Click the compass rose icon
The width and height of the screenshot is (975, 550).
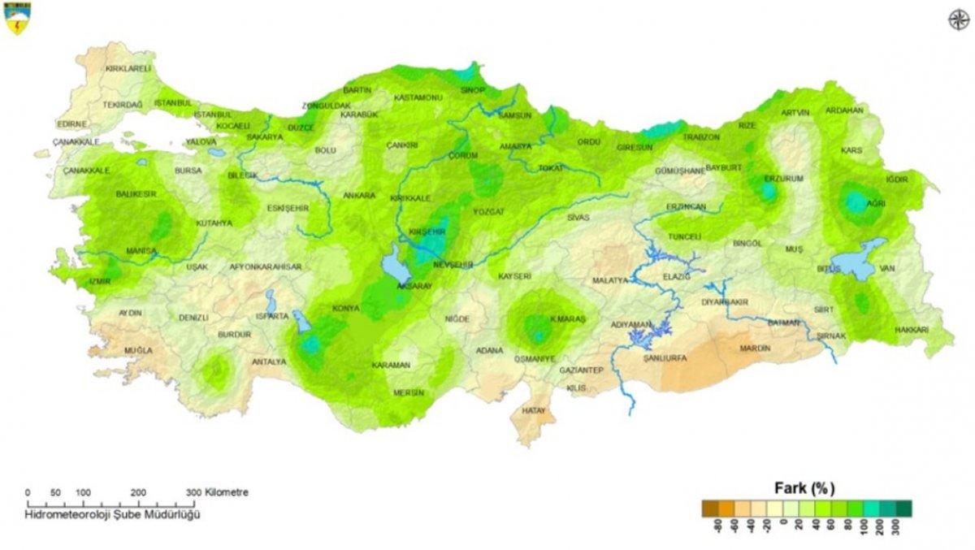click(958, 19)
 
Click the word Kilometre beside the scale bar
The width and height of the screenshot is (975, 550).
click(227, 492)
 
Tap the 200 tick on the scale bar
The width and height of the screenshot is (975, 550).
click(138, 492)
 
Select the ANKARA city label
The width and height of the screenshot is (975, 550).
click(359, 196)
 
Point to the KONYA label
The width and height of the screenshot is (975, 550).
click(345, 309)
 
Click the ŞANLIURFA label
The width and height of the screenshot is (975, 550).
click(665, 357)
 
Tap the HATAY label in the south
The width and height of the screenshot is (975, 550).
click(534, 411)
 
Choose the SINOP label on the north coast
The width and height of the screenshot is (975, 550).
click(472, 90)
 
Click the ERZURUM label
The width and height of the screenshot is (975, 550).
click(784, 178)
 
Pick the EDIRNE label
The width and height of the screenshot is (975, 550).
click(71, 123)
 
